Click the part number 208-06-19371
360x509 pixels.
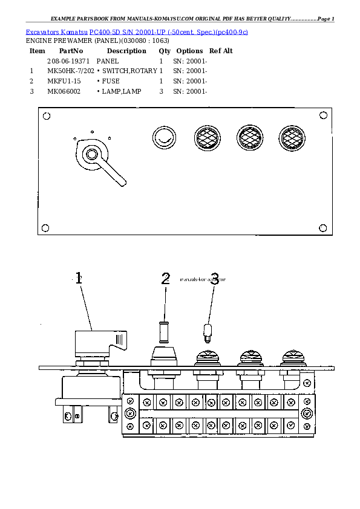click(68, 62)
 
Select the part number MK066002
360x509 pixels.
click(64, 91)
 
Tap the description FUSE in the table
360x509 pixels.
click(110, 81)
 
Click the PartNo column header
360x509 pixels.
click(71, 51)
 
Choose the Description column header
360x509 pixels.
click(126, 51)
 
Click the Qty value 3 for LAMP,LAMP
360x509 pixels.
click(161, 91)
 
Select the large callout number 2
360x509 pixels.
click(166, 279)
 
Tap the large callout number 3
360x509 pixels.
click(214, 279)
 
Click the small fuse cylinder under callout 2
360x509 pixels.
click(162, 332)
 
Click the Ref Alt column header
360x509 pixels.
click(221, 51)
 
